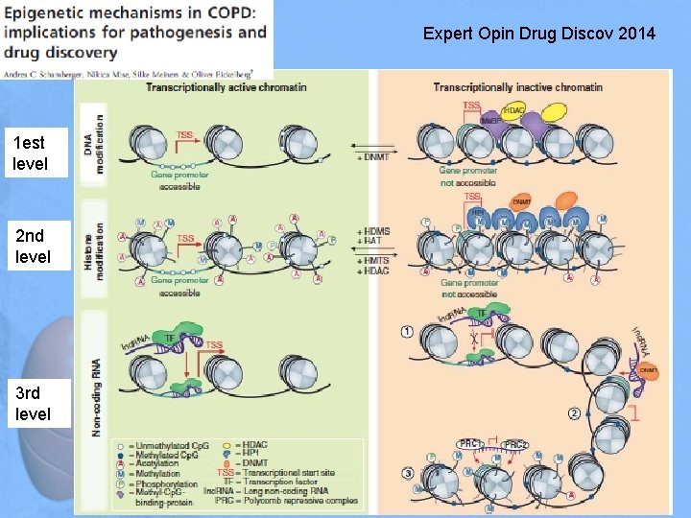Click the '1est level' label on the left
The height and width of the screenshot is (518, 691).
(x=31, y=153)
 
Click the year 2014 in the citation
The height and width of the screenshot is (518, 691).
(x=637, y=35)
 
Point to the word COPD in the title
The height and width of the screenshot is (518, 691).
(x=229, y=12)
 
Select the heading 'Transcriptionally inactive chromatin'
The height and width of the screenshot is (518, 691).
(x=517, y=87)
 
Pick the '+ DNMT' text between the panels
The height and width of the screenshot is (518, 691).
(x=372, y=156)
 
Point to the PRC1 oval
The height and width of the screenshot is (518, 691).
(x=471, y=443)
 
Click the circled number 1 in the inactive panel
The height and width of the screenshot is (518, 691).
(x=407, y=332)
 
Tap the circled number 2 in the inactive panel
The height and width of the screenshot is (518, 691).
(x=574, y=413)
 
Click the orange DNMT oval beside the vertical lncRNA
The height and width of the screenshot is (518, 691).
(x=650, y=370)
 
